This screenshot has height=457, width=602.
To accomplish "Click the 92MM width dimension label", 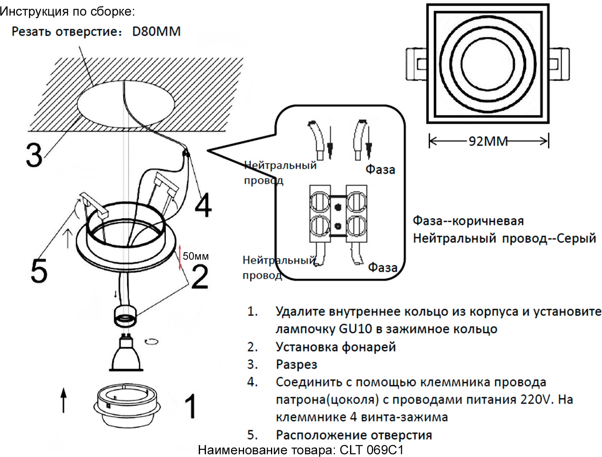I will click(488, 141).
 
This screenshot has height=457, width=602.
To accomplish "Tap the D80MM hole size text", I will click(156, 31).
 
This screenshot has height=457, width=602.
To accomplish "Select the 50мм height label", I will click(196, 256).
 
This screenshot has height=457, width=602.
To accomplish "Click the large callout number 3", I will click(34, 154).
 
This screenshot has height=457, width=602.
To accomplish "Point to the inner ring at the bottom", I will click(127, 406).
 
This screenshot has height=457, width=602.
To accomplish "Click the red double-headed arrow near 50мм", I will click(180, 257).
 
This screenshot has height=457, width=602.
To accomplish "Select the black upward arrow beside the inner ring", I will click(64, 400).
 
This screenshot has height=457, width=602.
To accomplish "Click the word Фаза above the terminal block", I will click(380, 170).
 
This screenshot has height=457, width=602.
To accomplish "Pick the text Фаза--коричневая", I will click(468, 221).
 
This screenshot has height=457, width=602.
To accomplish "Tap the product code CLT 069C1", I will click(371, 450).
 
